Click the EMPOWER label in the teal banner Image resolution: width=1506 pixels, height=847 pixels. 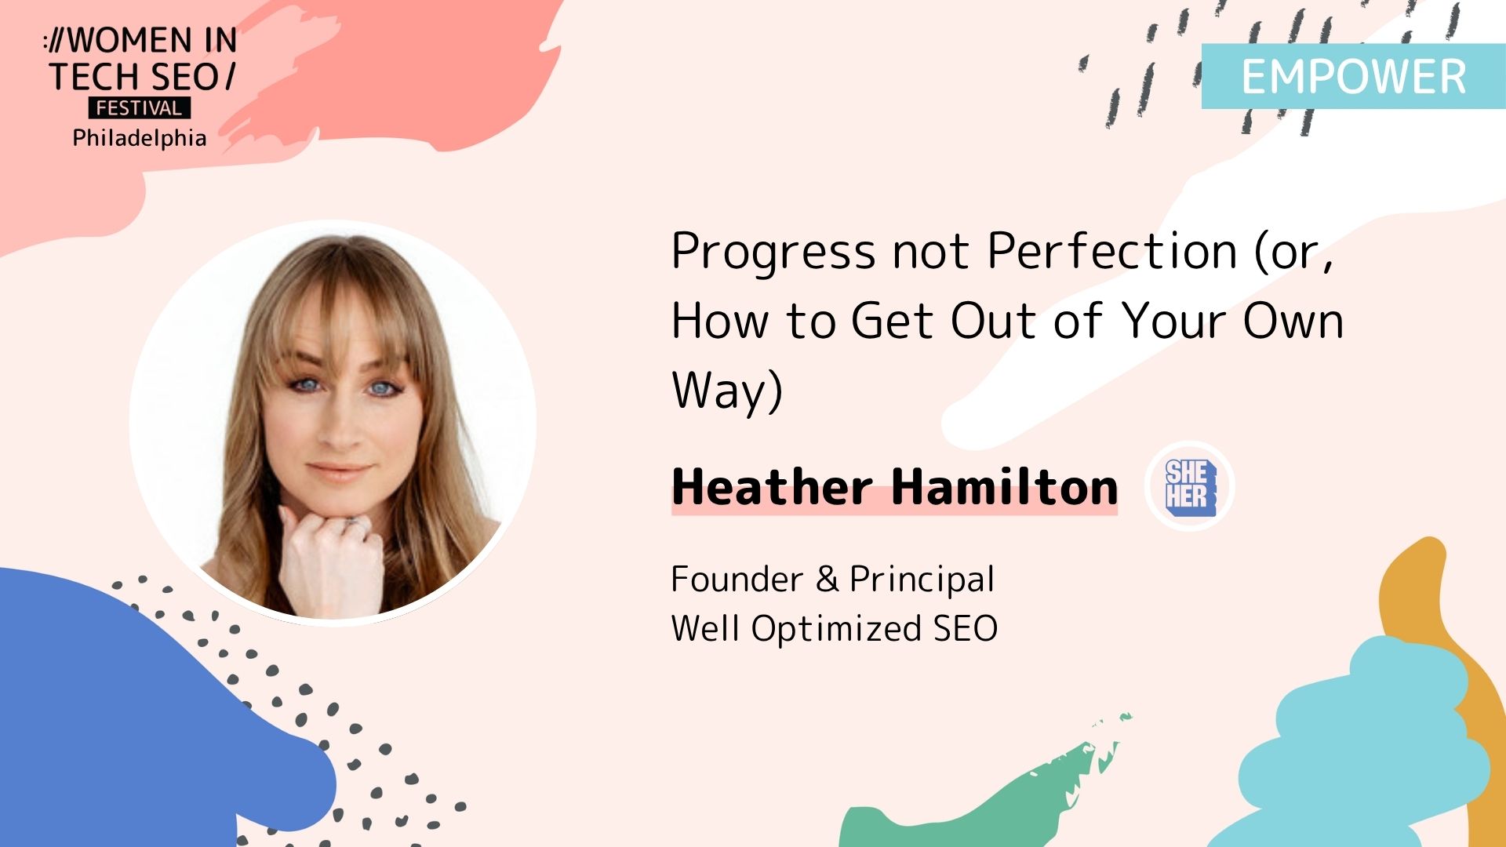click(x=1353, y=77)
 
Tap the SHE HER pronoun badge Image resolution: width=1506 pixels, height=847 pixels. click(x=1190, y=487)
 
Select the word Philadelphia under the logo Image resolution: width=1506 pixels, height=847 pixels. click(x=140, y=138)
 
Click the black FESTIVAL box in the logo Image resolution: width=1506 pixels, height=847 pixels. click(x=139, y=107)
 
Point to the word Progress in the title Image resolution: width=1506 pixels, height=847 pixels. click(x=773, y=253)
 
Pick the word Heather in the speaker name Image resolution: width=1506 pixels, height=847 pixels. click(x=772, y=486)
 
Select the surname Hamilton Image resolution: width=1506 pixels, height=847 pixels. click(x=1005, y=486)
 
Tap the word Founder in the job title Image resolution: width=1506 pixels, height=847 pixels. click(x=737, y=580)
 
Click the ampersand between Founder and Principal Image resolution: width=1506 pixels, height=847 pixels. click(x=827, y=580)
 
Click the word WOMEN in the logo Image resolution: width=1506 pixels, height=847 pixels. click(x=129, y=41)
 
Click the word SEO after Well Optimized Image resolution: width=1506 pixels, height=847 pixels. click(x=966, y=629)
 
